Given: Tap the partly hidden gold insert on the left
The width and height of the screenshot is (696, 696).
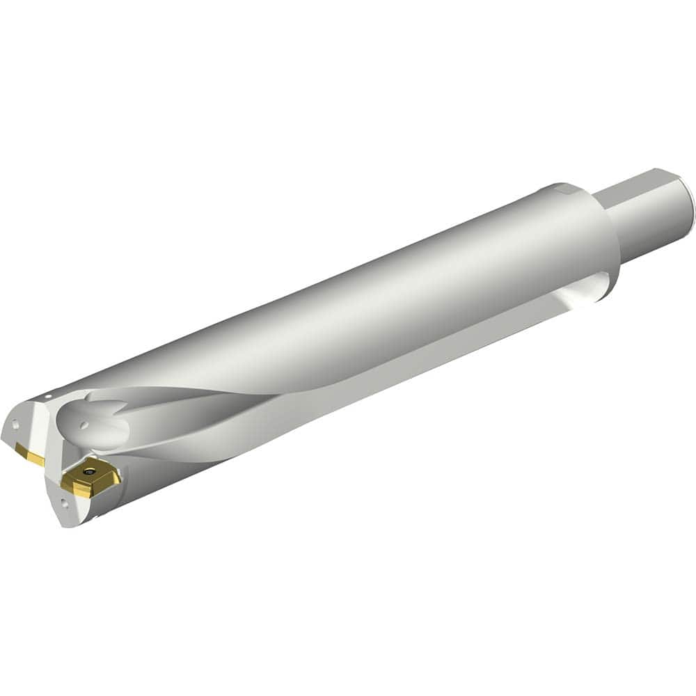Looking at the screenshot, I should click(x=31, y=456).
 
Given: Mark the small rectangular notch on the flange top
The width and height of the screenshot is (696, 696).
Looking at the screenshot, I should click(x=564, y=188).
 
